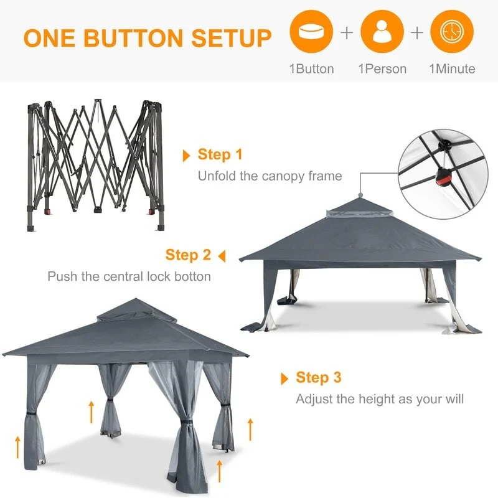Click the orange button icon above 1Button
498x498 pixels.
point(311,32)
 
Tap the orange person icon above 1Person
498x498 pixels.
point(382,32)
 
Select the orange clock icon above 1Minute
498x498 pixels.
point(452,32)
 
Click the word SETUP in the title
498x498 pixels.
point(231,38)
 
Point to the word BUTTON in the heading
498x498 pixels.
point(133,38)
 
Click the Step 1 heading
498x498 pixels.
point(220,154)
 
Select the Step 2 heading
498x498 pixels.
point(188,255)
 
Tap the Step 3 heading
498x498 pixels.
point(319,377)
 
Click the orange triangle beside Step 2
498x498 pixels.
point(222,256)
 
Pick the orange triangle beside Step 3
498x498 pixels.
point(284,378)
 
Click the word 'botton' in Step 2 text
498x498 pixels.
point(193,276)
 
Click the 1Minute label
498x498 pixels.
point(452,69)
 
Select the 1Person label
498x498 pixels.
point(382,69)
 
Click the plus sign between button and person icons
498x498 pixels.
point(347,33)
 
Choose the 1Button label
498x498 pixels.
point(312,69)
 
